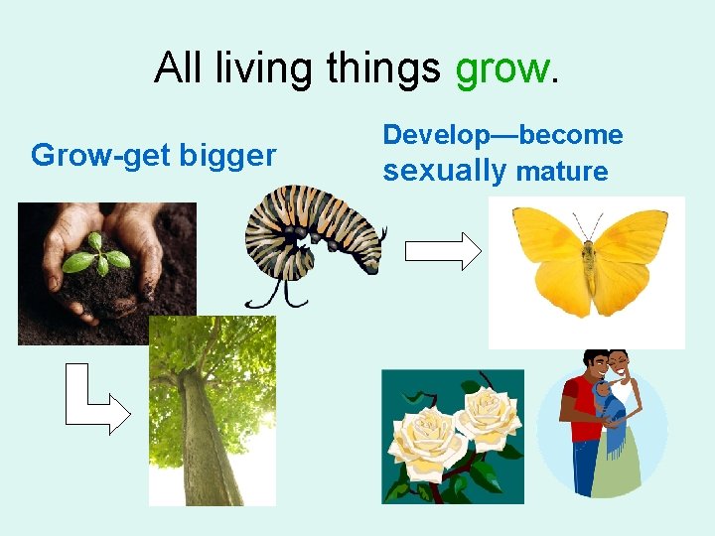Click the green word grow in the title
tap(500, 68)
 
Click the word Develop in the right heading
tap(435, 135)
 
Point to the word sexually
tap(445, 171)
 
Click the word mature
tap(561, 172)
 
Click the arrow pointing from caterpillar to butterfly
tap(443, 252)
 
